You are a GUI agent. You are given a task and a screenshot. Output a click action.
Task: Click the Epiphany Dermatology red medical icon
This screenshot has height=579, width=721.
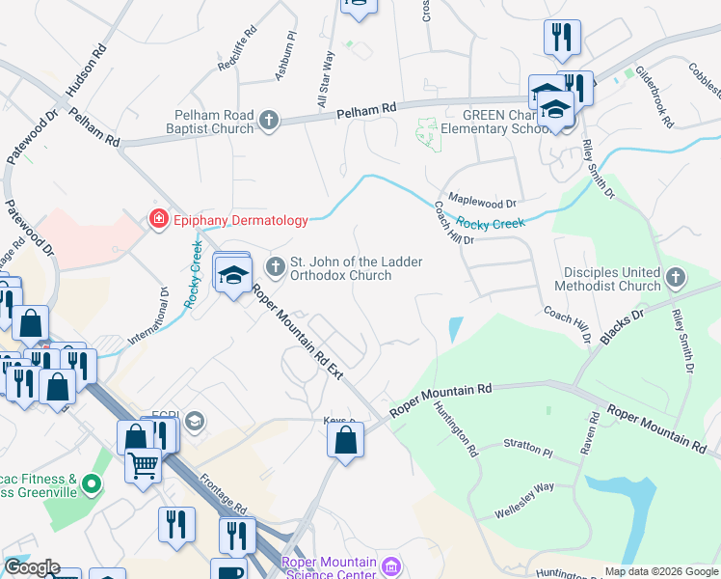(157, 220)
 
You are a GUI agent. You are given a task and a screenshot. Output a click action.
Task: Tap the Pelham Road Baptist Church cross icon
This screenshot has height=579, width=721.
(269, 121)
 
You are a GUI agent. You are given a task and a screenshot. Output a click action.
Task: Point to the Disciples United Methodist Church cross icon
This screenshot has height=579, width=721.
(676, 278)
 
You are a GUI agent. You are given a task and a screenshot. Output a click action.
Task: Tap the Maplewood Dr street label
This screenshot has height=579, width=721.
(482, 204)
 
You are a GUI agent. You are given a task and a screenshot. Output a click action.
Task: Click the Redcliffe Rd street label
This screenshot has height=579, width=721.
(238, 49)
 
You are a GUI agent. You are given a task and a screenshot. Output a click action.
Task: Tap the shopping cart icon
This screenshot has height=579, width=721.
(143, 466)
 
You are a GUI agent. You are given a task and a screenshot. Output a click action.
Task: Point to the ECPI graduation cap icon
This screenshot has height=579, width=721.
(195, 420)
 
